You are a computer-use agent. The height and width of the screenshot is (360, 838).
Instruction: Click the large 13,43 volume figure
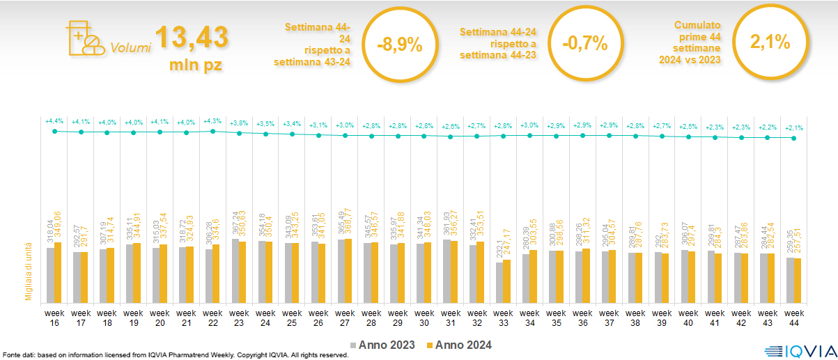point(192,38)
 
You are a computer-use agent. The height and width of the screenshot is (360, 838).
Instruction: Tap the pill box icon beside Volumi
point(85,40)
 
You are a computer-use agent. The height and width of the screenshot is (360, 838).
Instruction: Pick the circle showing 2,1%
point(770,42)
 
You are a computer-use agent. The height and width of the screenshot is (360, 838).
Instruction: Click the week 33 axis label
point(504,318)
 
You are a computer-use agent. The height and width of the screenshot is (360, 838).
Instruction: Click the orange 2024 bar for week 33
point(508,281)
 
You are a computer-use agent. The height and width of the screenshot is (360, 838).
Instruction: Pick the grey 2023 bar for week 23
point(235,271)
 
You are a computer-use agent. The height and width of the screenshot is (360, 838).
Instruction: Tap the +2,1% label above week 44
point(795,128)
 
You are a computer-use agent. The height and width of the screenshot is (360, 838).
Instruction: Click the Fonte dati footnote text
point(174,355)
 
